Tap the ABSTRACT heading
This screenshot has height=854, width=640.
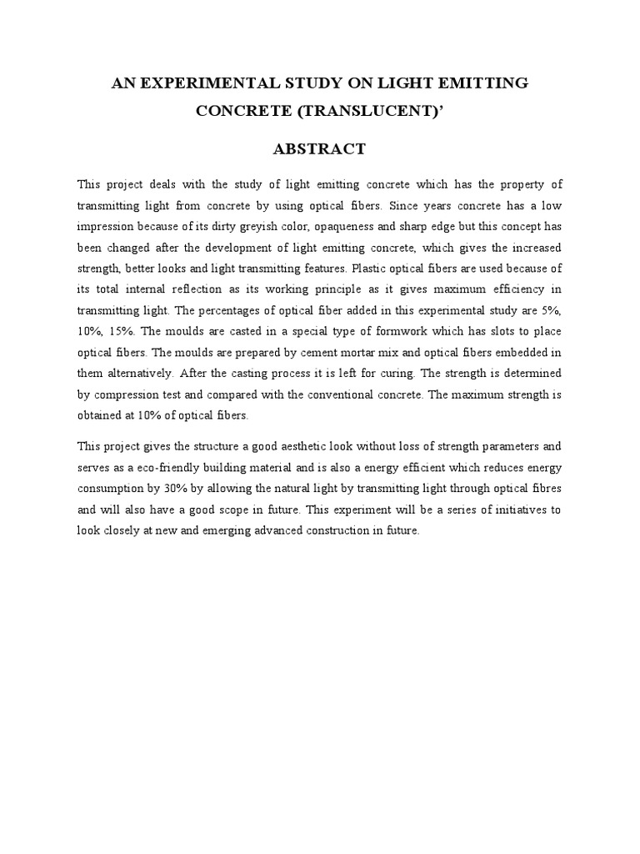tap(320, 149)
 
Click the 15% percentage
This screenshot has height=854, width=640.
tap(129, 332)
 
